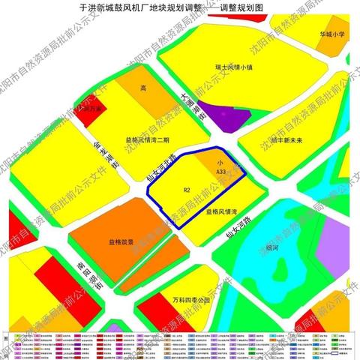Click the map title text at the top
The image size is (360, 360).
click(180, 6)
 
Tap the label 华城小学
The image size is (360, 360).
click(329, 34)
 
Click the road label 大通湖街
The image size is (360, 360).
click(193, 105)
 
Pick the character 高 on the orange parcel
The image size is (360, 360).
click(142, 88)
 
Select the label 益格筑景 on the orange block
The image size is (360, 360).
click(121, 242)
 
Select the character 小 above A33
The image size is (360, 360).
click(220, 162)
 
